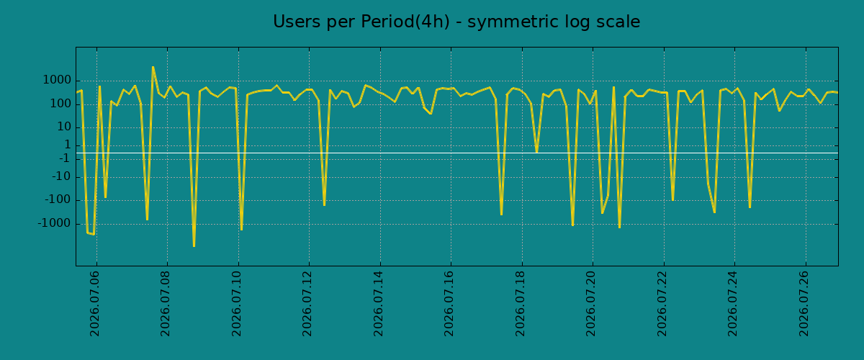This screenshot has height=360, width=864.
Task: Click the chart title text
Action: (456, 22)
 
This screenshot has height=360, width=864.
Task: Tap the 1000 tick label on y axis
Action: (57, 80)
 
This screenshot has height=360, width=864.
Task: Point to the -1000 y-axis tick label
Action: (55, 223)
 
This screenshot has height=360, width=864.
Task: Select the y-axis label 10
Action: (64, 127)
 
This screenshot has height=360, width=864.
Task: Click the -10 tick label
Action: (62, 177)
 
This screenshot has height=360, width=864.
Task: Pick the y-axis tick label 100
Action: (61, 104)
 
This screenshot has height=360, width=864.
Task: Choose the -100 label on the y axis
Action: (58, 200)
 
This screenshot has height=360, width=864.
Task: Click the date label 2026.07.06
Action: (94, 304)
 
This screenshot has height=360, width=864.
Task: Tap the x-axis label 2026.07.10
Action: (236, 304)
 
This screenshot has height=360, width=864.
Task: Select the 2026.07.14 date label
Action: (379, 304)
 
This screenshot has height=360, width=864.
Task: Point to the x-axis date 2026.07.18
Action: (521, 304)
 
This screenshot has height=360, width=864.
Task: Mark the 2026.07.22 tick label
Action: (662, 304)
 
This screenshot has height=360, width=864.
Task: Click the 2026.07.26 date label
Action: (804, 304)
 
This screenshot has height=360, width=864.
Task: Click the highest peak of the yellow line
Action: (153, 67)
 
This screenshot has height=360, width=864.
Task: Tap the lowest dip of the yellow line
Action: (194, 246)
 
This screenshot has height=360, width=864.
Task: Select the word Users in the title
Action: (297, 22)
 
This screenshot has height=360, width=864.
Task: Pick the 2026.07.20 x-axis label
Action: (591, 304)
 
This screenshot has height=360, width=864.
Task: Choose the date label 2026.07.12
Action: (307, 304)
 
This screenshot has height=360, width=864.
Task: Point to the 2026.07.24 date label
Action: (733, 304)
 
